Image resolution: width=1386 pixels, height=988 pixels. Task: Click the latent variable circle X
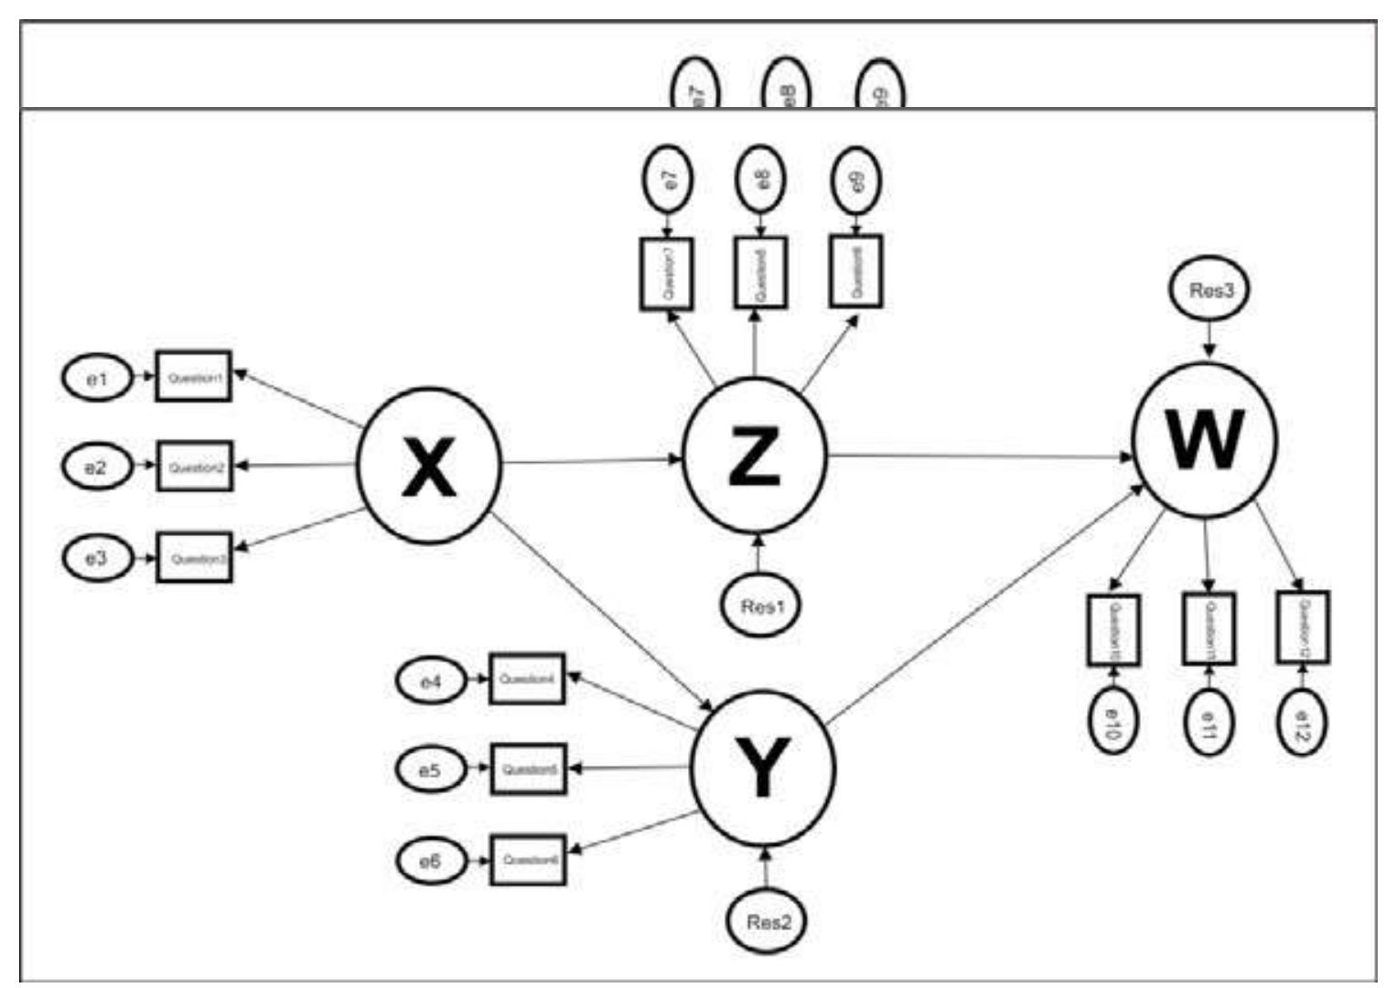pyautogui.click(x=428, y=465)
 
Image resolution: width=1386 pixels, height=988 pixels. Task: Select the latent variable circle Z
pyautogui.click(x=755, y=455)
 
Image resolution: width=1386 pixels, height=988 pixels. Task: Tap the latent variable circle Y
pyautogui.click(x=762, y=767)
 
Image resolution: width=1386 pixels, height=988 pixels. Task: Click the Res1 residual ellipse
pyautogui.click(x=758, y=606)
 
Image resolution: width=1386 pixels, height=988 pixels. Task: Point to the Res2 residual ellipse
pyautogui.click(x=767, y=921)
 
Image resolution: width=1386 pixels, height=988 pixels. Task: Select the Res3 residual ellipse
pyautogui.click(x=1210, y=291)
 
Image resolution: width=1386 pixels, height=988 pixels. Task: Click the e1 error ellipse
pyautogui.click(x=97, y=378)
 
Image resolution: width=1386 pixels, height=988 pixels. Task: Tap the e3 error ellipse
pyautogui.click(x=97, y=557)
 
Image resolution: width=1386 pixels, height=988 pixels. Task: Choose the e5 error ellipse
pyautogui.click(x=430, y=769)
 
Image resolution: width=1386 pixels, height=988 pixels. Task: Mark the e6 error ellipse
pyautogui.click(x=430, y=861)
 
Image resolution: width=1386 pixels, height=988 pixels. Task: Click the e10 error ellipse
pyautogui.click(x=1112, y=722)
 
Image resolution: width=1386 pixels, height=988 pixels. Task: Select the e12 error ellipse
pyautogui.click(x=1303, y=722)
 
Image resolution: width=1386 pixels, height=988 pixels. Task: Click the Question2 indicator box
pyautogui.click(x=194, y=467)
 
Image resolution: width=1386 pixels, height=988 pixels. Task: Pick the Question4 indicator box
pyautogui.click(x=527, y=679)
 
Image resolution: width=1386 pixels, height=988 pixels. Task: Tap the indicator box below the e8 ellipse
pyautogui.click(x=760, y=273)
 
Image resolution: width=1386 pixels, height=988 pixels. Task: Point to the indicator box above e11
pyautogui.click(x=1209, y=628)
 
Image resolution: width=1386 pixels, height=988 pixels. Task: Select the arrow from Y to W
pyautogui.click(x=984, y=605)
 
